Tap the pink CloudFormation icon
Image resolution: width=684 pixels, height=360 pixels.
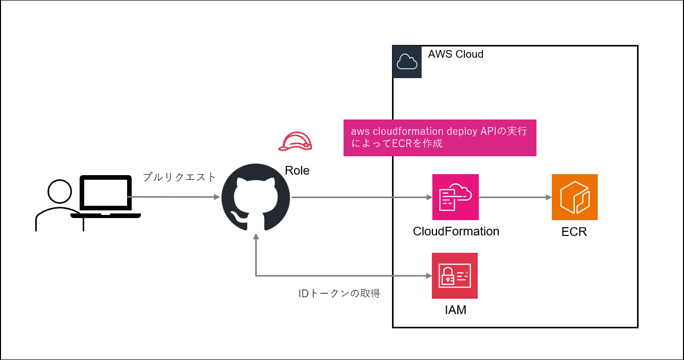[455, 197]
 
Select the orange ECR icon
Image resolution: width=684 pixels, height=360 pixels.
[574, 197]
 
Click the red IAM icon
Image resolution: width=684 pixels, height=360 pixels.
[454, 276]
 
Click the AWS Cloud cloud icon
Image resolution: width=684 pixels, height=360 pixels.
[407, 62]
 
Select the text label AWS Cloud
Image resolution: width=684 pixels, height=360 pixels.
[455, 54]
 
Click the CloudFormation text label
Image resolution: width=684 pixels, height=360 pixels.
[456, 231]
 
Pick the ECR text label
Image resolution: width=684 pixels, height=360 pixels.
[574, 232]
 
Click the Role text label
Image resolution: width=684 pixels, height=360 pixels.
[297, 171]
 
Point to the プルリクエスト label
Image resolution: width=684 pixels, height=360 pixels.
[179, 177]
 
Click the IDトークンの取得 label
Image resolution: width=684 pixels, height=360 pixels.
[339, 294]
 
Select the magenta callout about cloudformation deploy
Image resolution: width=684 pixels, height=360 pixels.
[439, 138]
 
